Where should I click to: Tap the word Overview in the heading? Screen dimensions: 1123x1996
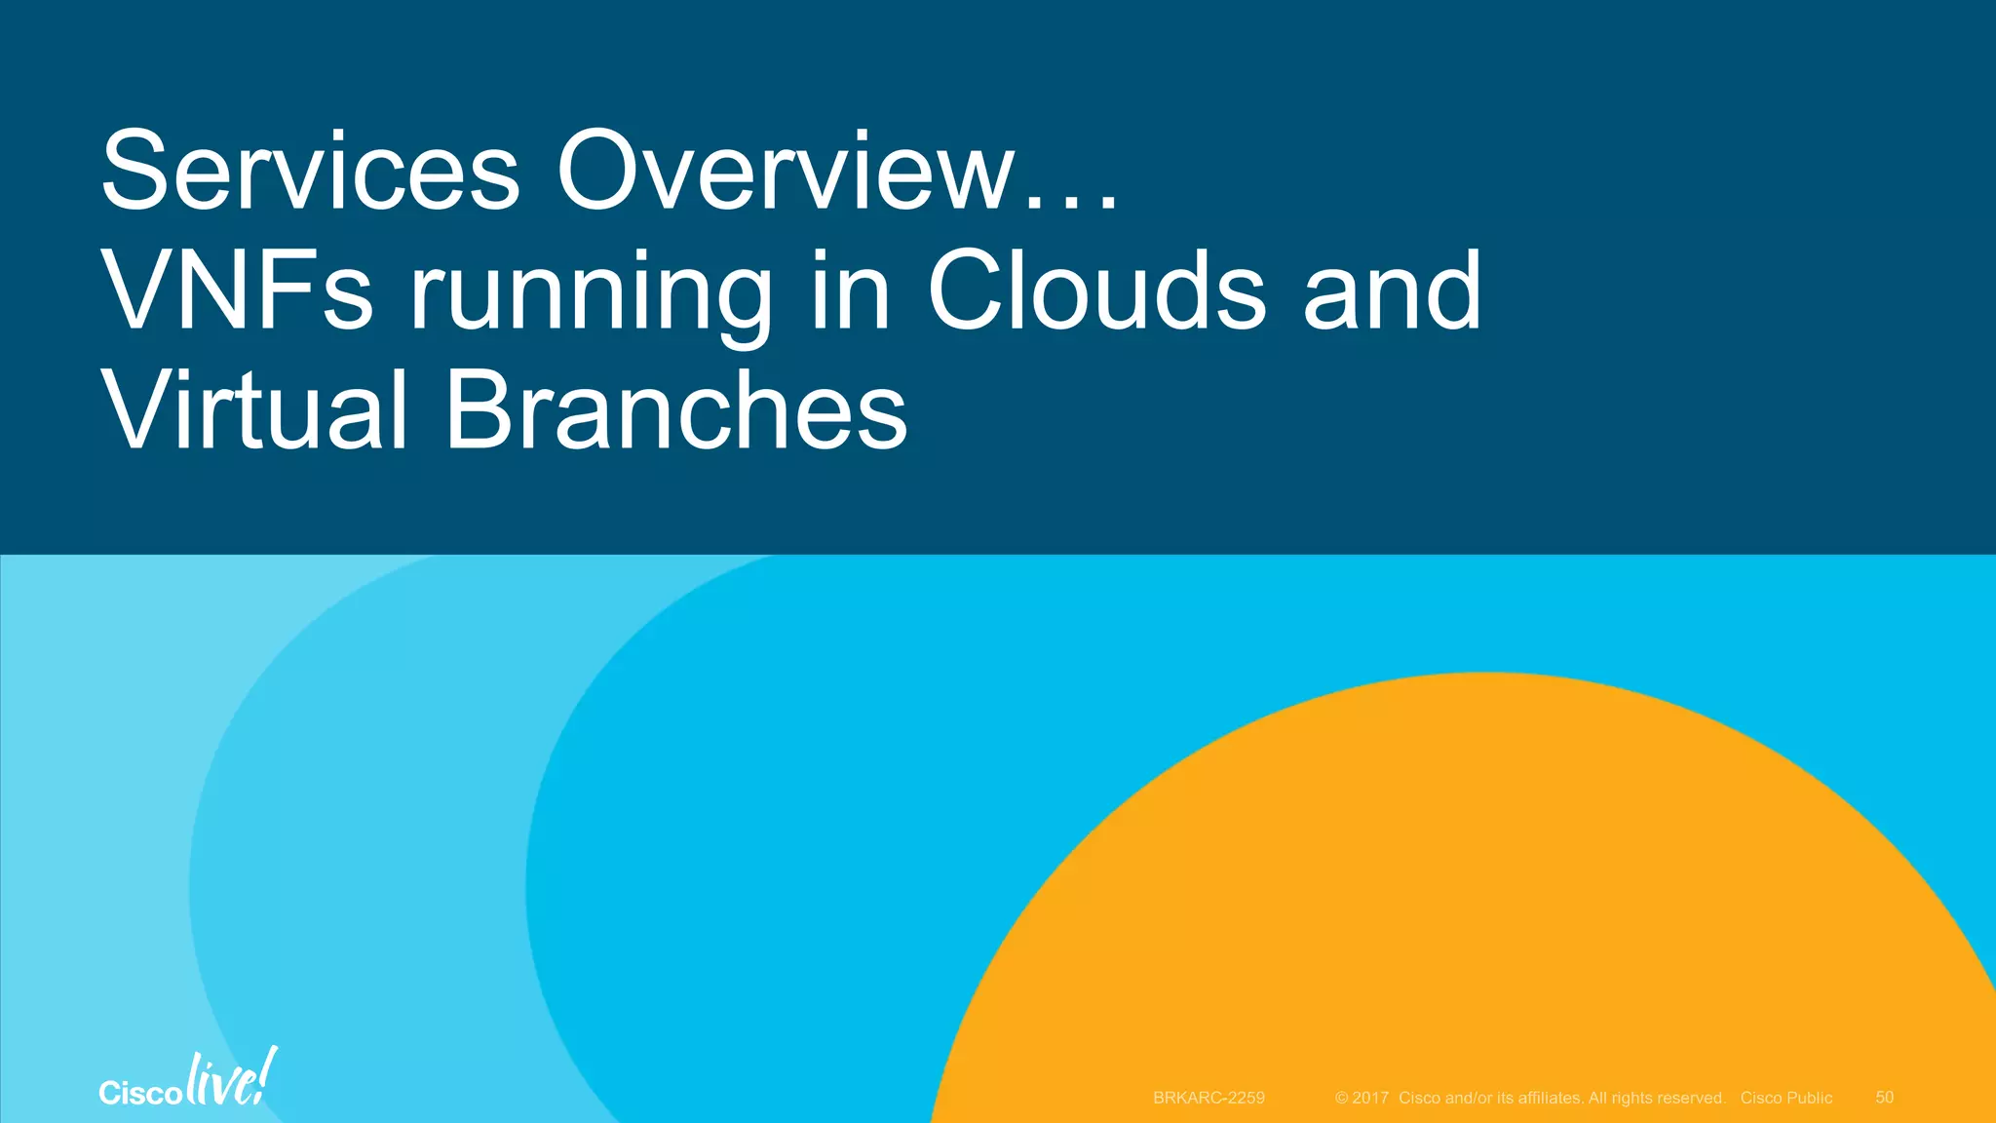tap(786, 172)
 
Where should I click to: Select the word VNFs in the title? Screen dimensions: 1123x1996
tap(237, 290)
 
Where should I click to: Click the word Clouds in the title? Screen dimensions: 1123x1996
tap(1096, 290)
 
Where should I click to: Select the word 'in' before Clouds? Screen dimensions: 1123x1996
tap(850, 290)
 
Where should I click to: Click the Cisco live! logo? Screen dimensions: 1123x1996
tap(187, 1080)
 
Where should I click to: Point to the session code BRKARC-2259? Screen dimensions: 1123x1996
tap(1209, 1098)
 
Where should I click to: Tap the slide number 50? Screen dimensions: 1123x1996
tap(1884, 1098)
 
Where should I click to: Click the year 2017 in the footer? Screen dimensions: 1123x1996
tap(1369, 1098)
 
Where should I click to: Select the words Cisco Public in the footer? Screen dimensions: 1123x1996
tap(1785, 1098)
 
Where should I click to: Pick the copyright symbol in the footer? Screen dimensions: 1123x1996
tap(1341, 1098)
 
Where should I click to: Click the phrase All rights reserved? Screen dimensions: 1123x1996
tap(1657, 1098)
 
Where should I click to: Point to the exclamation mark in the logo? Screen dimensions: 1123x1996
tap(266, 1074)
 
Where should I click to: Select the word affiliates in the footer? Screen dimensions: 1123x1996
tap(1549, 1098)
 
